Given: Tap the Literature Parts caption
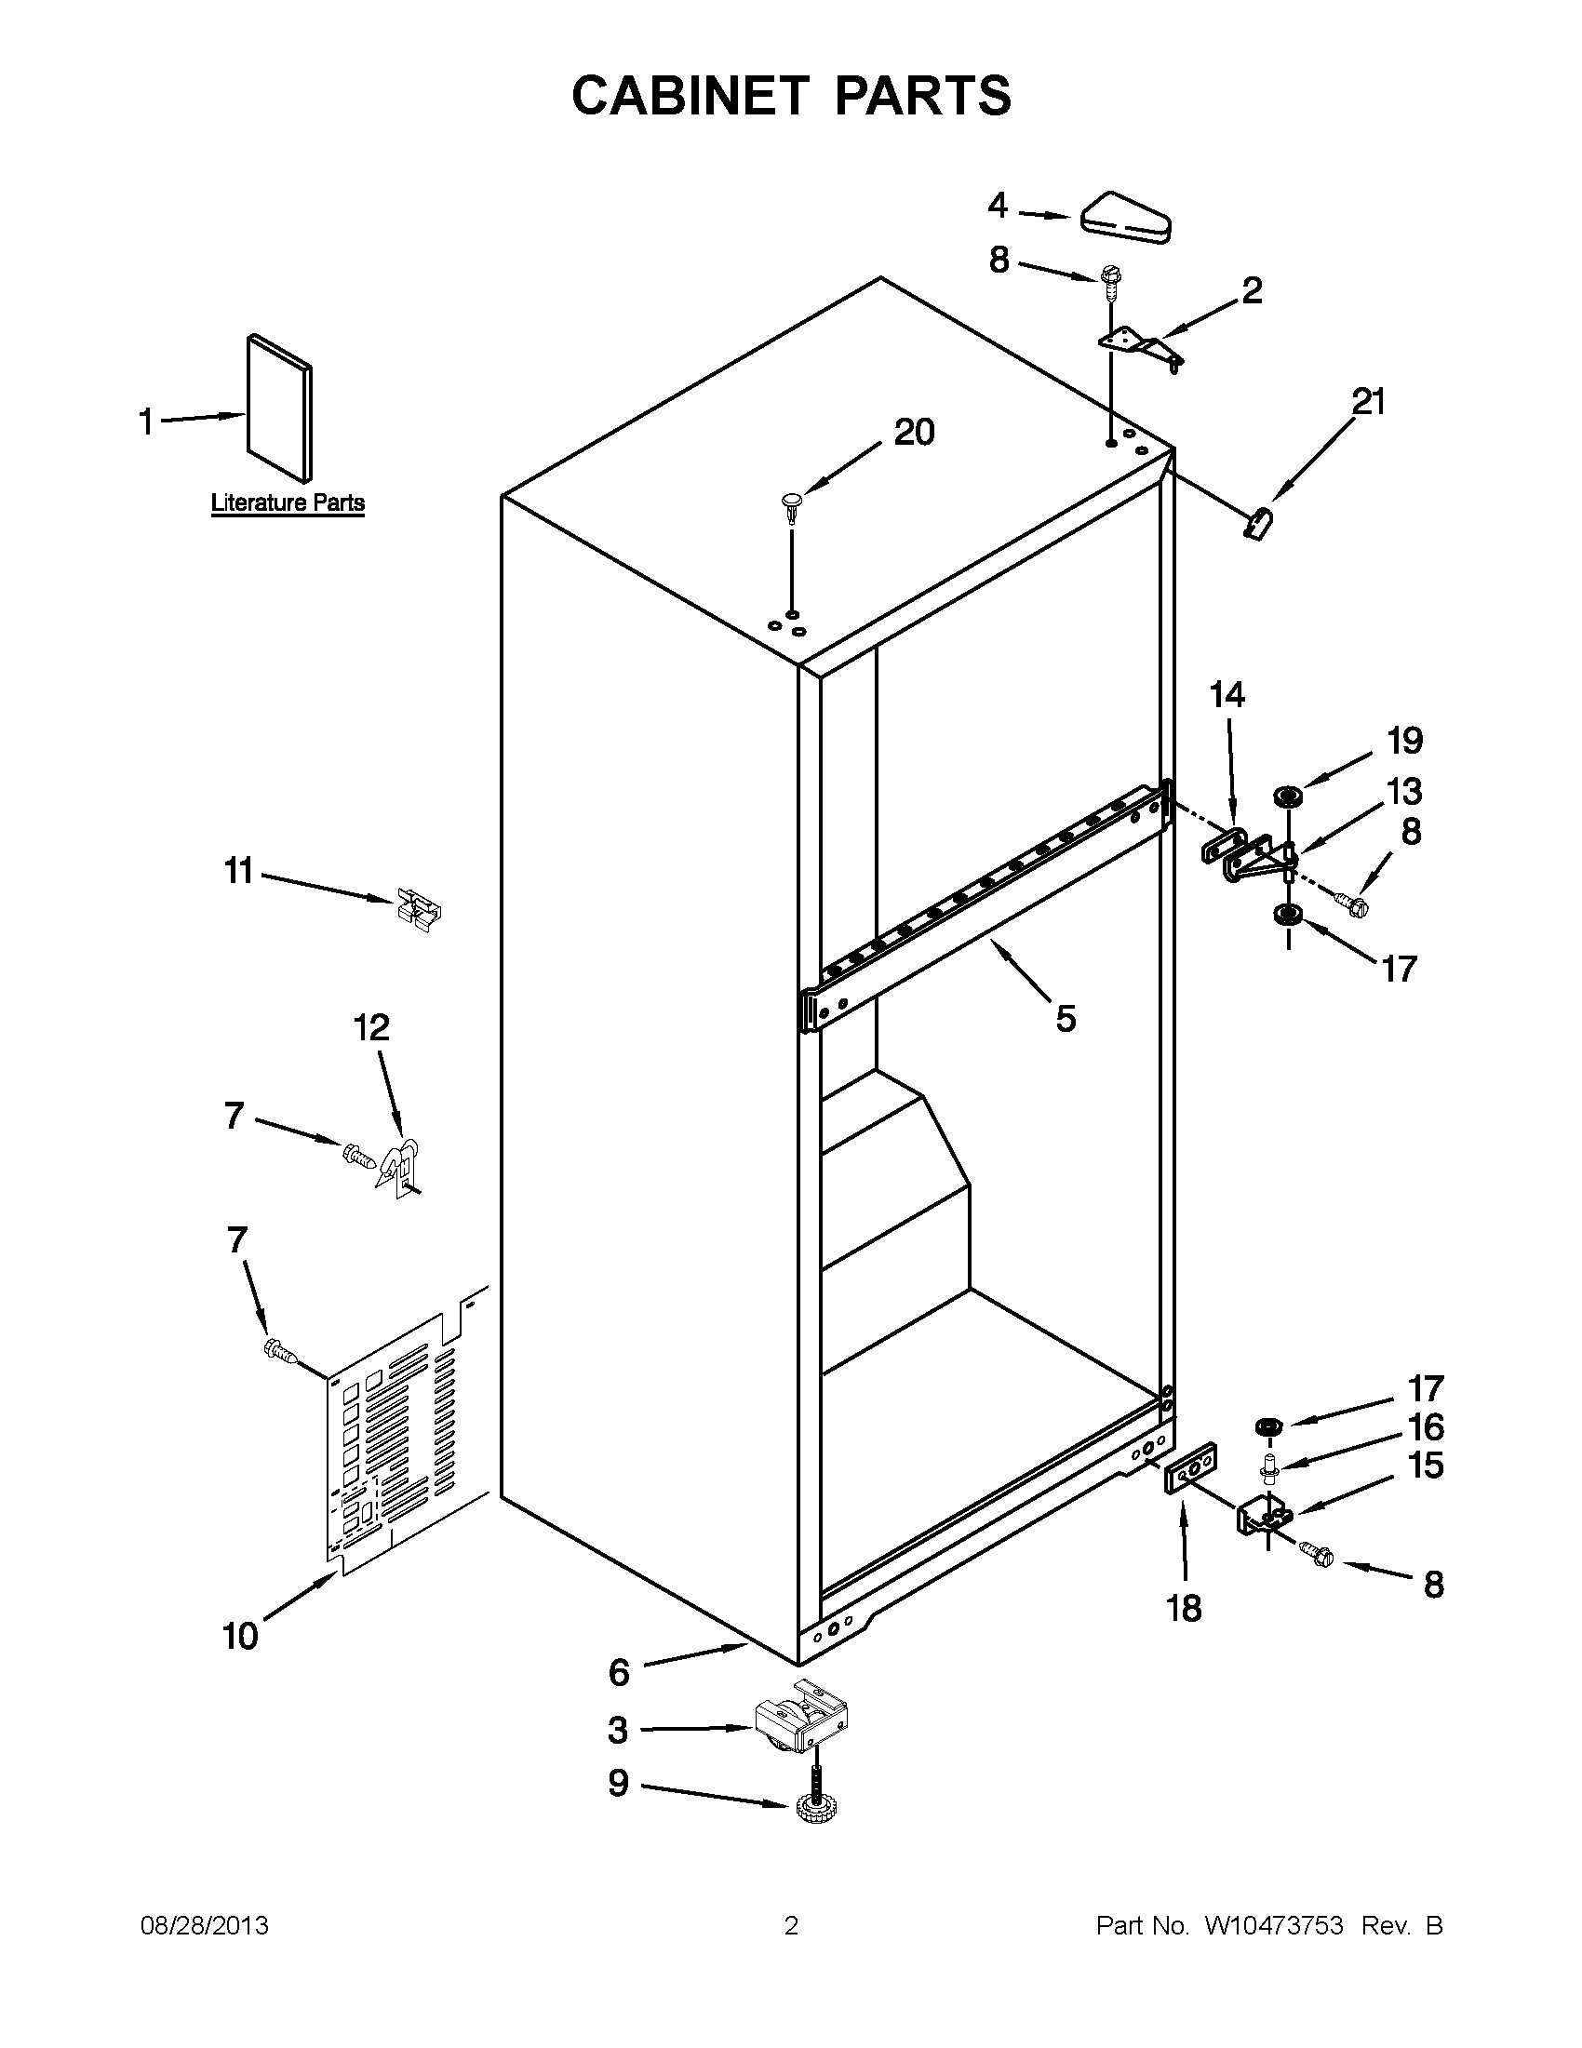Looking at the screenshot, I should [287, 502].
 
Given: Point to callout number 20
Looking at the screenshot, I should [914, 433].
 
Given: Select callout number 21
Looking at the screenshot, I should [1368, 401].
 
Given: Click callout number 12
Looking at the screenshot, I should [371, 1028].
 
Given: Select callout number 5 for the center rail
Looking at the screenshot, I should [1066, 1017].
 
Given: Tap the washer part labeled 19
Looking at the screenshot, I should [1288, 796].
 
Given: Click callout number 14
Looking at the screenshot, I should [1227, 695].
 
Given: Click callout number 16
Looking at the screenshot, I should [1426, 1427].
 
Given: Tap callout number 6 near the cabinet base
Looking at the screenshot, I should [619, 1672].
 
